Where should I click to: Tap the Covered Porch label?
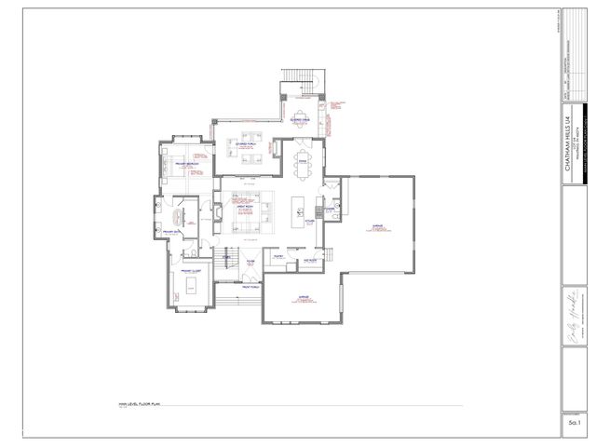[246, 144]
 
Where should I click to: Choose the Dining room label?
[301, 159]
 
